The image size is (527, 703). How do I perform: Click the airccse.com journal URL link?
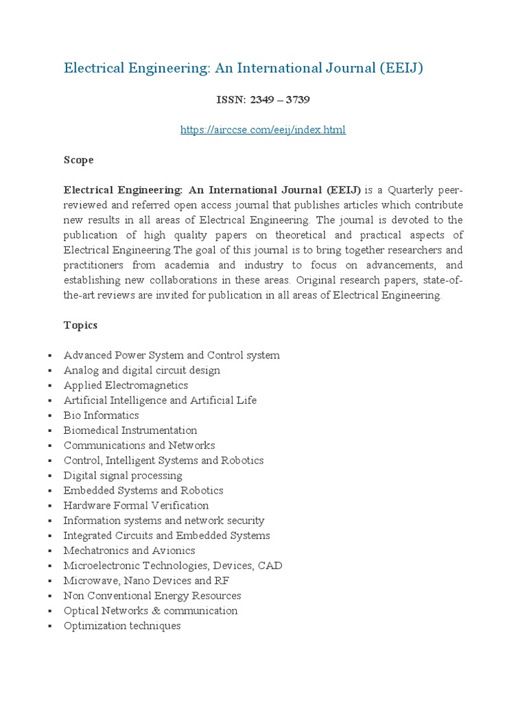pyautogui.click(x=263, y=130)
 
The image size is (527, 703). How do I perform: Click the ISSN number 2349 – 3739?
pyautogui.click(x=263, y=100)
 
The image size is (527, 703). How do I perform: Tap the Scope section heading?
pyautogui.click(x=78, y=160)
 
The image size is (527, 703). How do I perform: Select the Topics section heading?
pyautogui.click(x=80, y=325)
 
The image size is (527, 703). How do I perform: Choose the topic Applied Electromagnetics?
pyautogui.click(x=126, y=385)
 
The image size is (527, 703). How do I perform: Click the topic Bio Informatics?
pyautogui.click(x=101, y=415)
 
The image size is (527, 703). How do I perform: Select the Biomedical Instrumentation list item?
pyautogui.click(x=130, y=430)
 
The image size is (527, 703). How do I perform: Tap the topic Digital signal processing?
pyautogui.click(x=123, y=476)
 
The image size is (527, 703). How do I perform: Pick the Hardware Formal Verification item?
pyautogui.click(x=136, y=506)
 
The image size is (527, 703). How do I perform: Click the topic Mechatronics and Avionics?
pyautogui.click(x=129, y=551)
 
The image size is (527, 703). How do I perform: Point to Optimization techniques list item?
pyautogui.click(x=122, y=626)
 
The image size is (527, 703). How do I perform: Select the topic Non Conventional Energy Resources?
pyautogui.click(x=152, y=596)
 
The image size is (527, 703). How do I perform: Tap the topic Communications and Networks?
pyautogui.click(x=139, y=446)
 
